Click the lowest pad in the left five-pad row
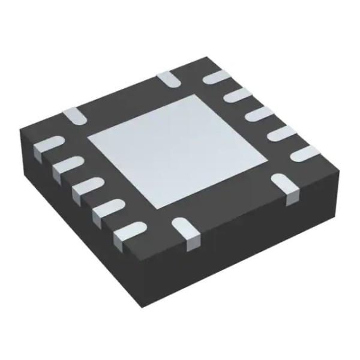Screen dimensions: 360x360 point(128,231)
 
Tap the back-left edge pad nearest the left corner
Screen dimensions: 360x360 point(75,116)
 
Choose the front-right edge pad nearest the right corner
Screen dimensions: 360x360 point(283,183)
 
